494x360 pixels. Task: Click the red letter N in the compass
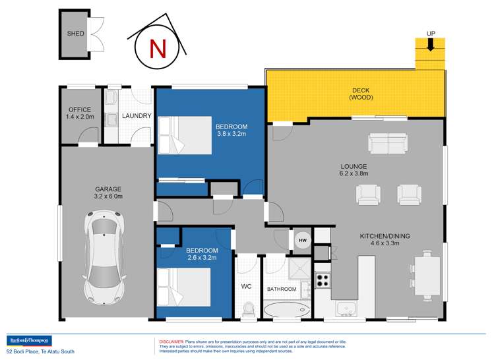point(156,49)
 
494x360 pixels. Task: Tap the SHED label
point(75,33)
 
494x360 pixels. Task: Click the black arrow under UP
point(430,45)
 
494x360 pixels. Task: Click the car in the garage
point(104,256)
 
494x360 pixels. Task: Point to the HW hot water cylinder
point(302,241)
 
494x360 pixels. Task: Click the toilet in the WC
point(248,308)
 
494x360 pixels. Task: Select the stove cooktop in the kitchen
point(322,280)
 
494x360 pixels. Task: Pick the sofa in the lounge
point(387,142)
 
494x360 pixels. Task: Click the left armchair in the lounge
point(368,194)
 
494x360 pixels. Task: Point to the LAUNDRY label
point(137,116)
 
